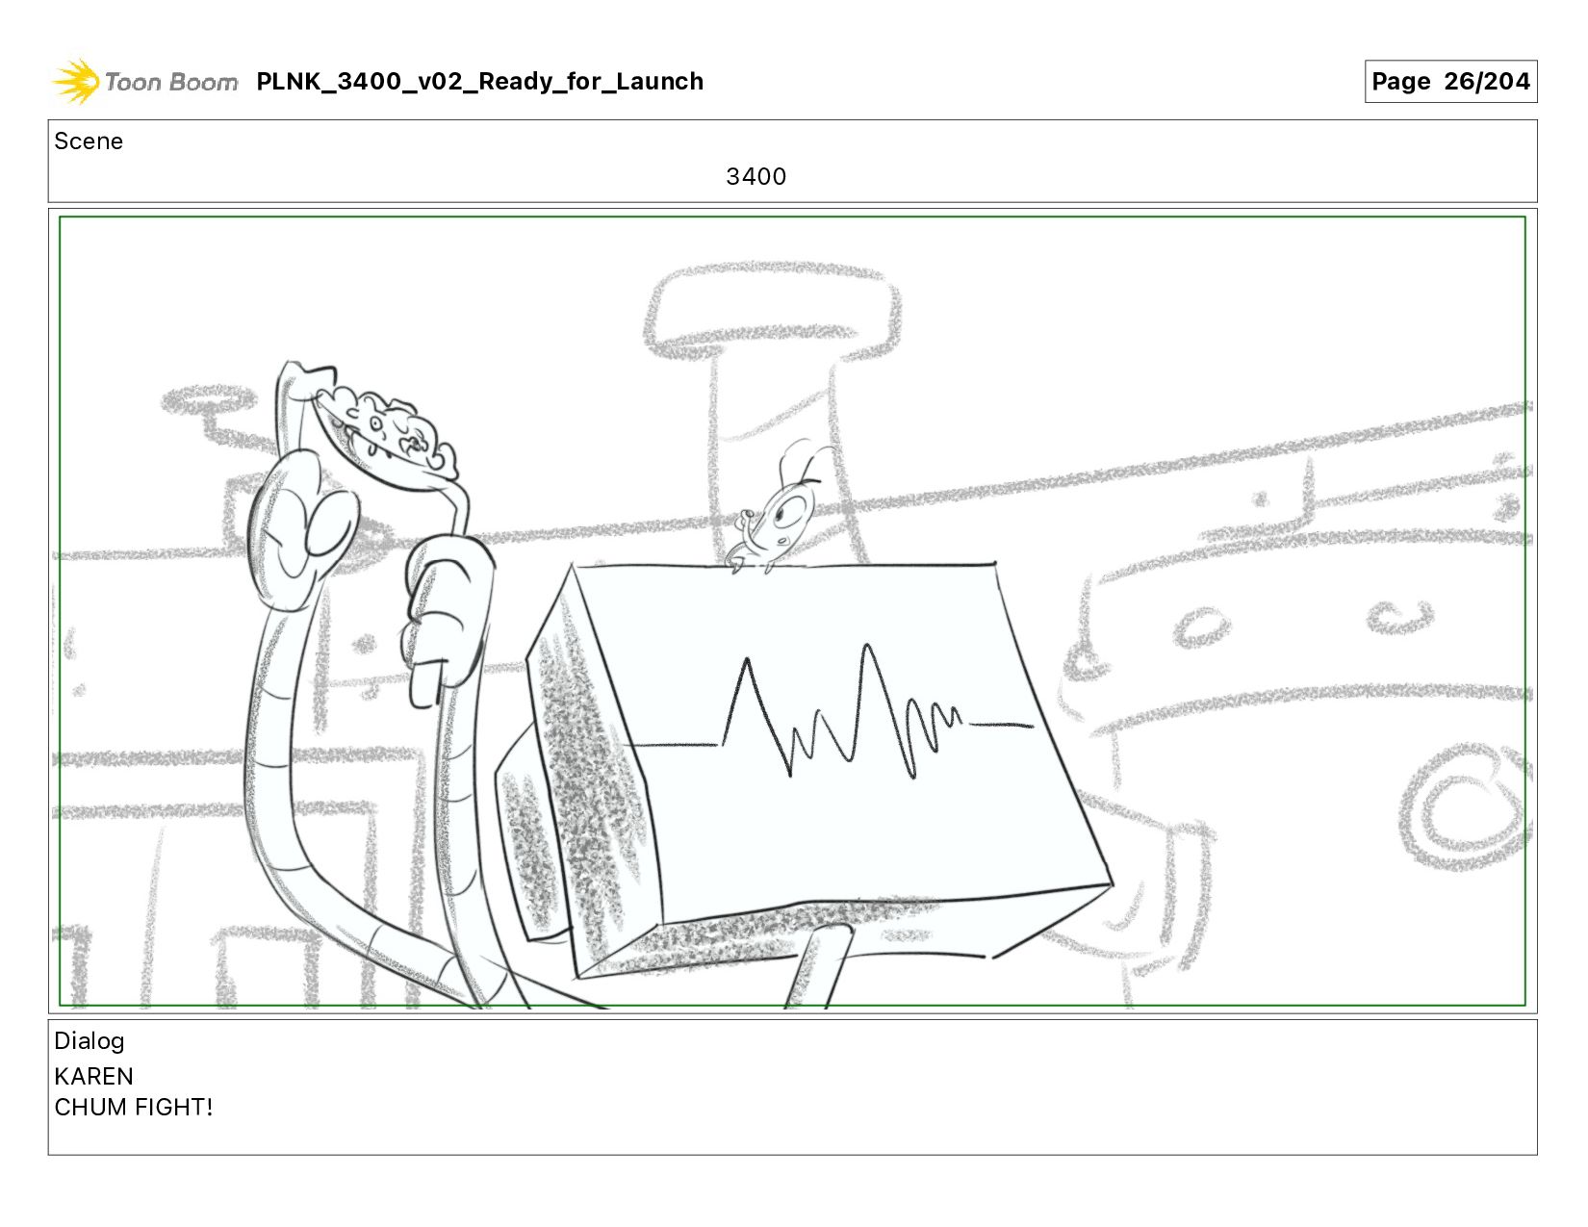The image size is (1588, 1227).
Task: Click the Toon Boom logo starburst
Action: coord(76,81)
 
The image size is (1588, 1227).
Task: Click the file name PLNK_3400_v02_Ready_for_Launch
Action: coord(479,81)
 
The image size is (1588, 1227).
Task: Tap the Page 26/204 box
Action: coord(1450,81)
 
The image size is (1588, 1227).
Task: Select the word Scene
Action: coord(89,141)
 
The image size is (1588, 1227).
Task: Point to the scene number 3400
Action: coord(756,176)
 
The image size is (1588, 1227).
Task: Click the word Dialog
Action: coord(90,1040)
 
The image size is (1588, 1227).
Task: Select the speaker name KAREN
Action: coord(93,1076)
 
